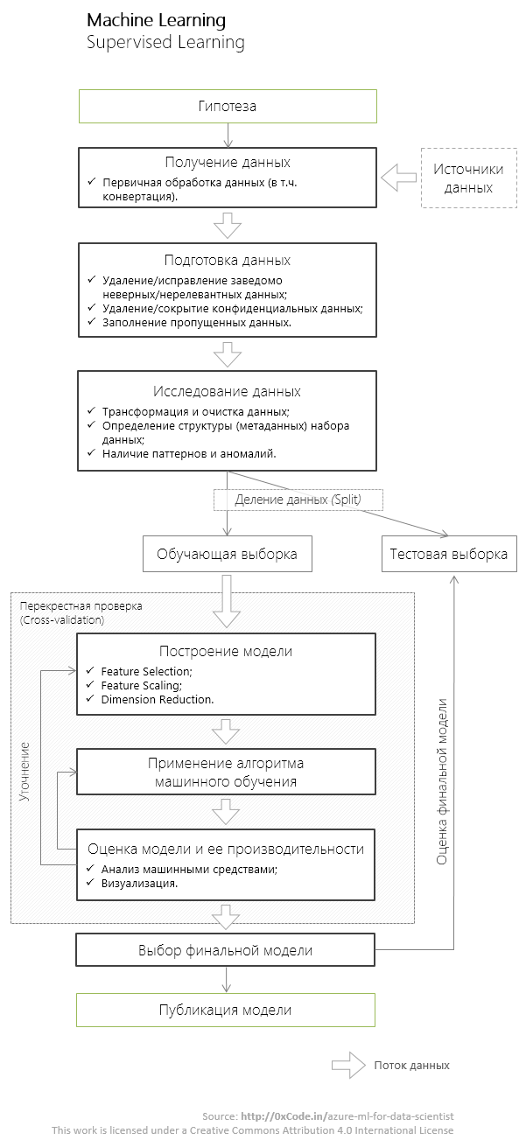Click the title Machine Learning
(x=156, y=20)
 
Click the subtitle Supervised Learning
(x=165, y=42)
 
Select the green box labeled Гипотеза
(x=228, y=106)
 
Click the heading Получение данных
(x=228, y=162)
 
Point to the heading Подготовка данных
(x=228, y=260)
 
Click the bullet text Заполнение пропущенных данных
(x=197, y=322)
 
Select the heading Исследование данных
(x=228, y=391)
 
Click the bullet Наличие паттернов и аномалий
(x=189, y=453)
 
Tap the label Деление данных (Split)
(x=298, y=500)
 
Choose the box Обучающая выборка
(x=228, y=554)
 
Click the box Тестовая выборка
(x=448, y=554)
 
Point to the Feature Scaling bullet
(x=141, y=685)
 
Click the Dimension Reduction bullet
(x=158, y=699)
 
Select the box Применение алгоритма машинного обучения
(x=228, y=772)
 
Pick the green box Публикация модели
(x=226, y=1010)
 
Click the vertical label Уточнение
(x=25, y=772)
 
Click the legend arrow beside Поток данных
(x=347, y=1065)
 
